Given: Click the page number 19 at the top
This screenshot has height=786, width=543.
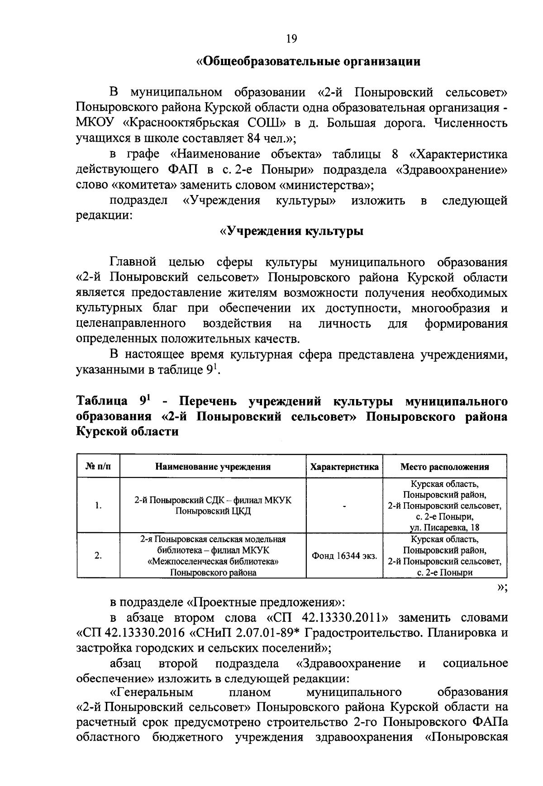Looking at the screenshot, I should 291,39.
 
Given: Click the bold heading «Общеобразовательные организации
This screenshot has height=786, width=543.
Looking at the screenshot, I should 308,62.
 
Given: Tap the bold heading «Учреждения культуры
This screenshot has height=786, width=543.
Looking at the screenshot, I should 291,231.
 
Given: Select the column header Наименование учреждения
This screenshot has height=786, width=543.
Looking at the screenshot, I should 213,467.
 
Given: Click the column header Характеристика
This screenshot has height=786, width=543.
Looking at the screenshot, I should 344,467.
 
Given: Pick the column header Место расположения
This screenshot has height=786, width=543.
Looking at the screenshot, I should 444,467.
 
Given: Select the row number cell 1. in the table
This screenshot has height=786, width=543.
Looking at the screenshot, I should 98,506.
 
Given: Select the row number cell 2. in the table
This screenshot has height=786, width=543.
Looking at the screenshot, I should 98,556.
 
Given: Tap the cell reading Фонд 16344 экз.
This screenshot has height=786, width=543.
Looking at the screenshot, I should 344,556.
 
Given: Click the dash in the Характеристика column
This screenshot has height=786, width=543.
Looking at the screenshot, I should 344,506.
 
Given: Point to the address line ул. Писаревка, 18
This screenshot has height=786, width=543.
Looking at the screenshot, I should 444,528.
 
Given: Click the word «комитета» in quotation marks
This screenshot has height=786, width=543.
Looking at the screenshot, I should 144,185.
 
